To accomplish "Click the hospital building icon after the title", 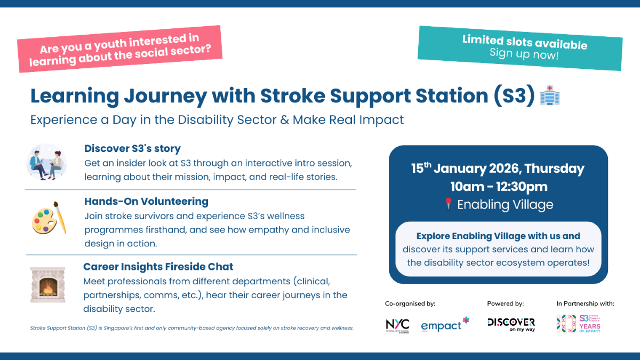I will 549,96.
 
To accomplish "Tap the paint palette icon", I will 49,218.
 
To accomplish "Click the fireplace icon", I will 47,285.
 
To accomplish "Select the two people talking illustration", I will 46,161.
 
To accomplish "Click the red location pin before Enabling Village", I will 448,204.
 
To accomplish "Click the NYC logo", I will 398,325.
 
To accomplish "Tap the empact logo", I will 445,325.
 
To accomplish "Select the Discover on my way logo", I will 511,324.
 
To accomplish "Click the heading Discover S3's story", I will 132,148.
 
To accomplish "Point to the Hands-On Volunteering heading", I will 146,201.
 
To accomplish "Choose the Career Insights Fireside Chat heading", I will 158,266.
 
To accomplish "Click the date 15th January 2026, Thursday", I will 497,169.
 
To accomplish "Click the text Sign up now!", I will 524,54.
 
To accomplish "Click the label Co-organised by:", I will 410,303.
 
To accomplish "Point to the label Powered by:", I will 505,303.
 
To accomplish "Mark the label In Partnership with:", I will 585,303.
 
